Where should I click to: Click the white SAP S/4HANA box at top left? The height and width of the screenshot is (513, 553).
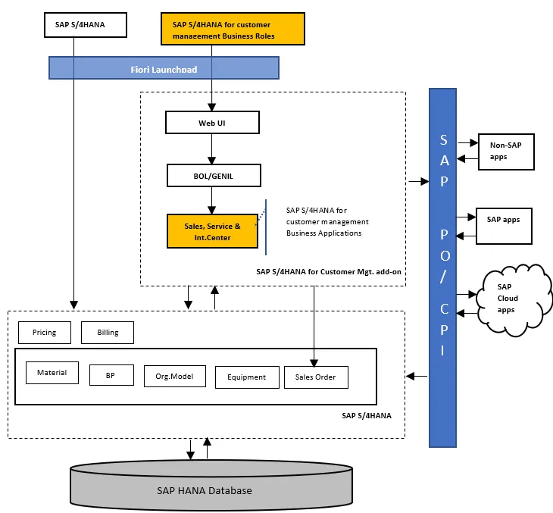pyautogui.click(x=85, y=25)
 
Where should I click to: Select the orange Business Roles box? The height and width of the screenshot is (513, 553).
pyautogui.click(x=233, y=30)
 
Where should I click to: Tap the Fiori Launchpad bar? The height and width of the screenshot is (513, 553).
pyautogui.click(x=164, y=69)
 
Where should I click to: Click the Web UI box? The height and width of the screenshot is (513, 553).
pyautogui.click(x=212, y=122)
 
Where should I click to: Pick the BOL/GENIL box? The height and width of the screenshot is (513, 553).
pyautogui.click(x=214, y=176)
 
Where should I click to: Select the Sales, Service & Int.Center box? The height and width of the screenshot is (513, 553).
pyautogui.click(x=212, y=231)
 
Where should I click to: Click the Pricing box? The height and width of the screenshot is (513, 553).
pyautogui.click(x=44, y=332)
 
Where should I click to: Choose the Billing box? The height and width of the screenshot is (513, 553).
pyautogui.click(x=108, y=332)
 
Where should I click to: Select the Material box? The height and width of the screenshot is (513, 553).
pyautogui.click(x=52, y=372)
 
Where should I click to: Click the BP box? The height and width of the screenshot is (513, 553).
pyautogui.click(x=111, y=375)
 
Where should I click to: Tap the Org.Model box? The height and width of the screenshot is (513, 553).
pyautogui.click(x=174, y=376)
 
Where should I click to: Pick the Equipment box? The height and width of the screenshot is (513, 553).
pyautogui.click(x=246, y=377)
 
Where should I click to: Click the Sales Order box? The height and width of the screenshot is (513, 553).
pyautogui.click(x=315, y=377)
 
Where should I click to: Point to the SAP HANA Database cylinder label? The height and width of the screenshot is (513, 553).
pyautogui.click(x=205, y=490)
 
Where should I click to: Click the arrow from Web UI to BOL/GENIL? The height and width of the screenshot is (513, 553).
pyautogui.click(x=212, y=149)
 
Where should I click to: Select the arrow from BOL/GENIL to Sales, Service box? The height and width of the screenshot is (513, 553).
pyautogui.click(x=212, y=200)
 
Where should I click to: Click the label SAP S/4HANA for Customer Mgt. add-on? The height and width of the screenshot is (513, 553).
pyautogui.click(x=327, y=271)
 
